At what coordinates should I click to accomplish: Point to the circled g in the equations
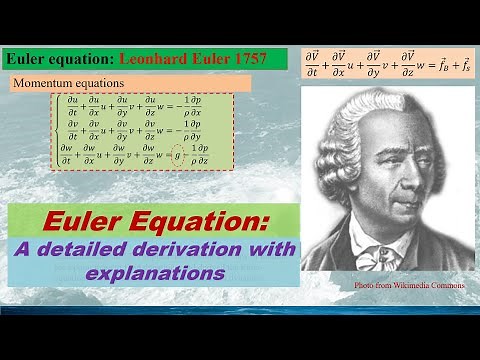[176, 156]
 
